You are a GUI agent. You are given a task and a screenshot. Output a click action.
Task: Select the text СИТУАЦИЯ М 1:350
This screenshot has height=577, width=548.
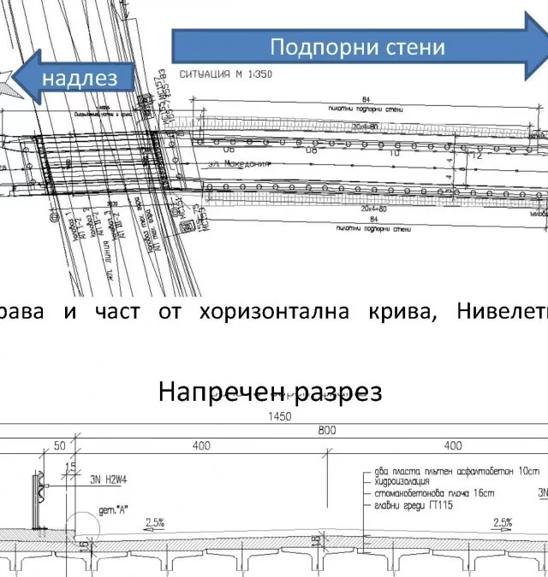pos(226,74)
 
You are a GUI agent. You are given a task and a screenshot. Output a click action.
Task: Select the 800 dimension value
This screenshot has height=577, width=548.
pos(325,431)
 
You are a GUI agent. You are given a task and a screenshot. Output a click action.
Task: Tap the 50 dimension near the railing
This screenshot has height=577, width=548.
pos(60,445)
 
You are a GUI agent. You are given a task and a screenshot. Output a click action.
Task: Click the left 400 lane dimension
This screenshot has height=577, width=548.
pos(201,445)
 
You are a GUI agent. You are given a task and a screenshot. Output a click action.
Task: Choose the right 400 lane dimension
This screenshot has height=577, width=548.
pos(452,445)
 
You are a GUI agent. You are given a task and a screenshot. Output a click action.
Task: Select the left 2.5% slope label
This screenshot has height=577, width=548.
pos(155,522)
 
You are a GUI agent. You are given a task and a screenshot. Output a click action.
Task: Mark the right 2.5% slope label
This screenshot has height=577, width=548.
pos(503,522)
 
